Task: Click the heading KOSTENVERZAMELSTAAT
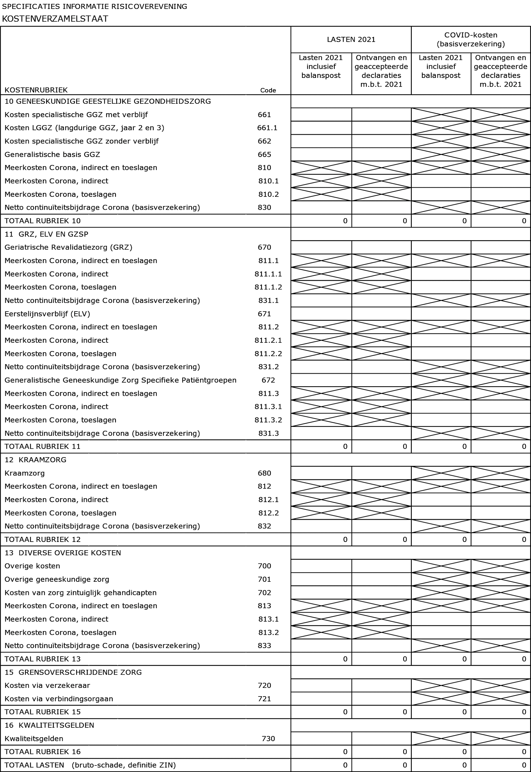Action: coord(55,19)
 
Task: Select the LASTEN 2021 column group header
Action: coord(351,40)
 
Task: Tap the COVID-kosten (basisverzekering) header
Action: coord(470,40)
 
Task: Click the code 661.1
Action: coord(267,128)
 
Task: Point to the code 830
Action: coord(265,208)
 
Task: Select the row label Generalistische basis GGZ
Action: coord(52,154)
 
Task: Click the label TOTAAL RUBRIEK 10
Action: coord(43,221)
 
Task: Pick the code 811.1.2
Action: coord(268,287)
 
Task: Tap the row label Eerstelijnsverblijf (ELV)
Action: coord(47,314)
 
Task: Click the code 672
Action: coord(268,380)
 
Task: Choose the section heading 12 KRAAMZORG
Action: coord(36,460)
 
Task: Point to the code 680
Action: coord(265,473)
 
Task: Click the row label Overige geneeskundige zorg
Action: coord(57,579)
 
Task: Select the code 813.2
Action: coord(268,632)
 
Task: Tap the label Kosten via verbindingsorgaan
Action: coord(59,699)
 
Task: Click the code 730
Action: coord(268,738)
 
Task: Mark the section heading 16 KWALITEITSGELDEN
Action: coord(49,725)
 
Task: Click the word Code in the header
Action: coord(268,90)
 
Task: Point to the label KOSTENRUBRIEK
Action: coord(36,90)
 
